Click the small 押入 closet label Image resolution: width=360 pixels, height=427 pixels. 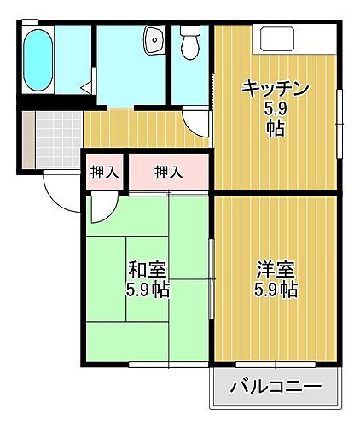(105, 173)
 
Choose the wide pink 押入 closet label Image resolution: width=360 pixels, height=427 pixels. (168, 173)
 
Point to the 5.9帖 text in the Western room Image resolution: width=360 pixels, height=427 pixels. (275, 290)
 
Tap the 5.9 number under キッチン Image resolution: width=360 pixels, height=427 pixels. (275, 109)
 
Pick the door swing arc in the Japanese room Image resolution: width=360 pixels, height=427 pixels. (102, 208)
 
